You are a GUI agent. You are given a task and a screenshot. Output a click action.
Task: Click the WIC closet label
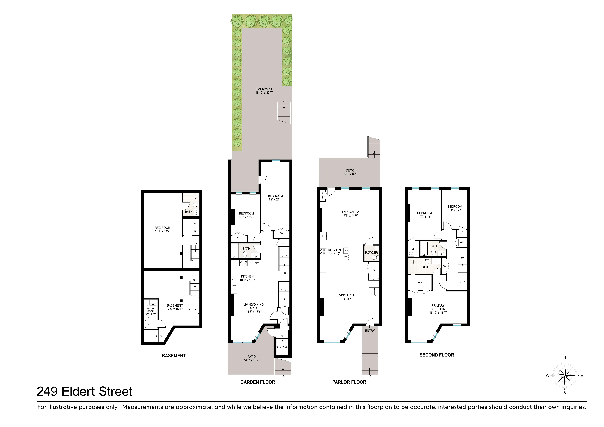coord(420,282)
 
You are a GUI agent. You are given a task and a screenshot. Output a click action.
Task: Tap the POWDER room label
coord(371,253)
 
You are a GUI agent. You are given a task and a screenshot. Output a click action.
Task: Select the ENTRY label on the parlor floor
coord(370,331)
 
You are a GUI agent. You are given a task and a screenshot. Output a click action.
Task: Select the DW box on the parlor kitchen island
coord(346,257)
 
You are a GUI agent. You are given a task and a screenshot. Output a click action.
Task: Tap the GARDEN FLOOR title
coord(258,382)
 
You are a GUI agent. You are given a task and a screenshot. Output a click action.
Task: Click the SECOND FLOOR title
coord(437,355)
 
